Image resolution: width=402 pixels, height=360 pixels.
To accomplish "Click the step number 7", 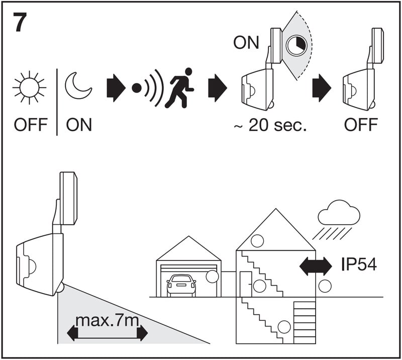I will [x=19, y=23].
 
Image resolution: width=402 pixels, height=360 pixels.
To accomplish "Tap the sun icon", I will [x=28, y=87].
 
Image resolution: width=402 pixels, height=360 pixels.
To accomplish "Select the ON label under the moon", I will [x=79, y=125].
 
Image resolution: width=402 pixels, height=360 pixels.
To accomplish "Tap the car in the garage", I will [x=181, y=285].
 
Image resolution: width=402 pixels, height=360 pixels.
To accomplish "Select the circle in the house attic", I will [x=257, y=241].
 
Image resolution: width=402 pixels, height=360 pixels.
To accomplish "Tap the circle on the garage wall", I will [x=213, y=276].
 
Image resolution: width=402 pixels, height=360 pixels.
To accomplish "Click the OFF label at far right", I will [x=361, y=125].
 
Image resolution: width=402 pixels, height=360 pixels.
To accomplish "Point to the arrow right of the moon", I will [x=115, y=87].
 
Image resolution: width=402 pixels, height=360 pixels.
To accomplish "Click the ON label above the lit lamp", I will [x=246, y=42].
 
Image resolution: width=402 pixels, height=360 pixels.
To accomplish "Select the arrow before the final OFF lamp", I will [x=321, y=87].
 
